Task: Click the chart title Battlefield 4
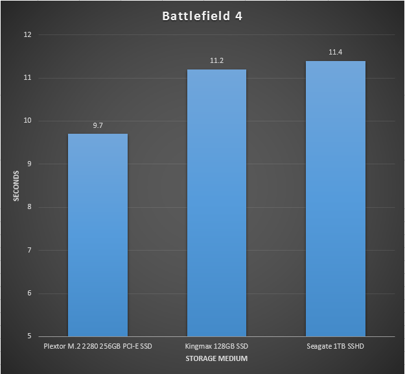tap(203, 16)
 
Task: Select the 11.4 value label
tap(336, 52)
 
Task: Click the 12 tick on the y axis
tap(27, 35)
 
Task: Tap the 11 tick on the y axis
tap(27, 78)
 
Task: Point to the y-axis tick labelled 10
tap(27, 121)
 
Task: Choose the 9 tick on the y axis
tap(29, 164)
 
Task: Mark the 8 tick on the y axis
tap(29, 207)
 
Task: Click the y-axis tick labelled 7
tap(29, 250)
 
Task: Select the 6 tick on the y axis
tap(29, 293)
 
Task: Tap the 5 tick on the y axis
tap(29, 336)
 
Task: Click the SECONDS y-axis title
tap(17, 185)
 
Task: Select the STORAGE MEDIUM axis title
tap(216, 358)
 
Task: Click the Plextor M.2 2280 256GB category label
tap(97, 346)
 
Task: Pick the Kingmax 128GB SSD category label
tap(216, 346)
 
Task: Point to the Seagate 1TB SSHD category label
tap(336, 346)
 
